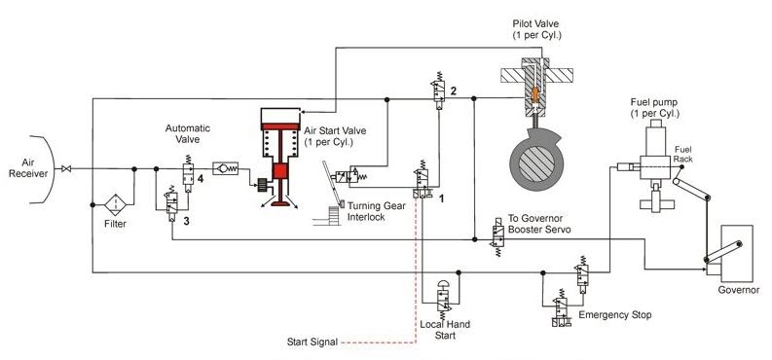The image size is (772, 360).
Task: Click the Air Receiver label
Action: coord(20,168)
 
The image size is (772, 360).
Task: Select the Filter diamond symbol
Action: coord(116,205)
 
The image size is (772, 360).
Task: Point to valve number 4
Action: coord(183,178)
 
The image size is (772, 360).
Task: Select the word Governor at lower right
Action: coord(739,287)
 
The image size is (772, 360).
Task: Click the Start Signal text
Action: coord(312,342)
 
